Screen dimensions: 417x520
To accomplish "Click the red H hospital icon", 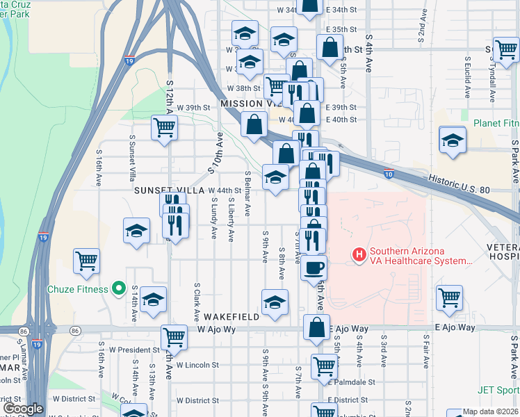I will pos(359,255).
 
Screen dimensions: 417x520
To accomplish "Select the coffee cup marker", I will pos(314,267).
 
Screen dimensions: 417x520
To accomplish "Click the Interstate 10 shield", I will pos(389,174).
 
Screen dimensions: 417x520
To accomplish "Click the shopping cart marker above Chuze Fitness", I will pos(86,261).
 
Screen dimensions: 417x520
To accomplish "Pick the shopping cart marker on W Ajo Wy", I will pos(174,337).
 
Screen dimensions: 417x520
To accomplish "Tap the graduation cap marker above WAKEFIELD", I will pos(275,302).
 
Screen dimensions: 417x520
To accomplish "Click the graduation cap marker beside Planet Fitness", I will pos(453,139).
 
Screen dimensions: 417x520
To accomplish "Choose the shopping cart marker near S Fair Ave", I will pos(450,297).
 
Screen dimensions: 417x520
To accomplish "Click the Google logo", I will pos(23,409).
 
